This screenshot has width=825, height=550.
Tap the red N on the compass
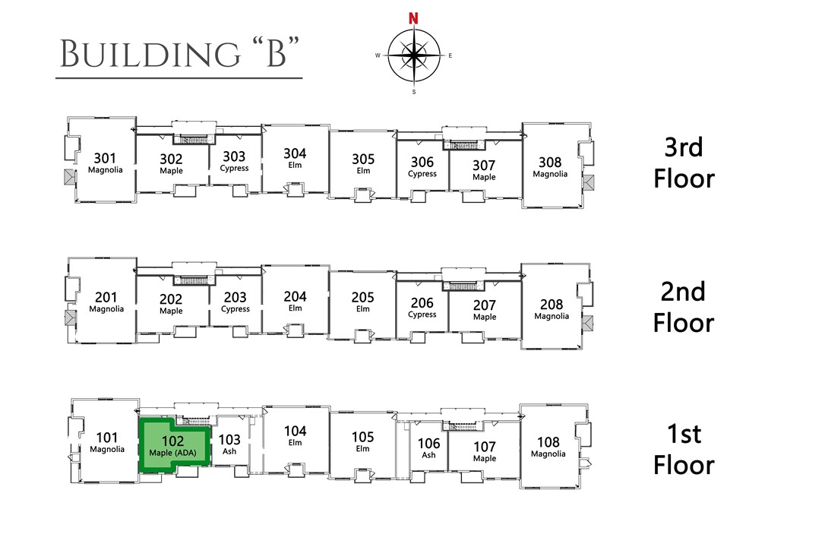[x=413, y=18]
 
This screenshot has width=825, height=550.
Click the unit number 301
[x=105, y=158]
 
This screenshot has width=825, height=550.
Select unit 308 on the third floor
[x=550, y=162]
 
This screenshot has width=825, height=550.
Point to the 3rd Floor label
[x=684, y=163]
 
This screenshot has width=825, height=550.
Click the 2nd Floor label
[x=684, y=306]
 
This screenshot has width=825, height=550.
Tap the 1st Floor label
[x=684, y=449]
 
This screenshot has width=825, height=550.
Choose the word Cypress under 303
[x=234, y=168]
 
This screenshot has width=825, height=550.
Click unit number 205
[x=363, y=297]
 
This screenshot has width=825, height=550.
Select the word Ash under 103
[x=229, y=450]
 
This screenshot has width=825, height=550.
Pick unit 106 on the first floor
[x=429, y=444]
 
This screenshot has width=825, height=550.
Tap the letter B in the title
[x=274, y=54]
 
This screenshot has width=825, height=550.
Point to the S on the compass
[x=413, y=92]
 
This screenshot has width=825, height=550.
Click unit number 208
[x=551, y=304]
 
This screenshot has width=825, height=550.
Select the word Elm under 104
[x=295, y=442]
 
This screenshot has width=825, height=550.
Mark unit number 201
[x=106, y=297]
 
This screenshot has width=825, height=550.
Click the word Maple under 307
[x=484, y=177]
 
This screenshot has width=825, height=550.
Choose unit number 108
[x=548, y=442]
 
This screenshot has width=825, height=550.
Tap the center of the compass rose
[x=413, y=55]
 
